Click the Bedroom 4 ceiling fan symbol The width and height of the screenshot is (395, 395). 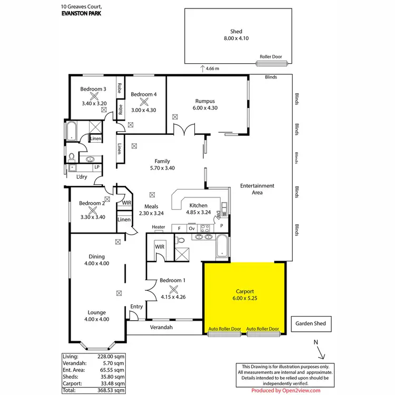pos(144,102)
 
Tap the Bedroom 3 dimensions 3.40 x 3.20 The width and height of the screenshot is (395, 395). pos(94,103)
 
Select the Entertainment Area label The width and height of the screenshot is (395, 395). pos(257,189)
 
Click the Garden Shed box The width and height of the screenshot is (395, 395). pos(311,324)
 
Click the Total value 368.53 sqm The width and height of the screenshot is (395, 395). pos(112,390)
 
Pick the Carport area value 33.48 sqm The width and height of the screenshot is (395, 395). pos(112,383)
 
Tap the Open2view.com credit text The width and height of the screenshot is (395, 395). pos(285,391)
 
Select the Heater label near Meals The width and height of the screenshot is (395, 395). pos(159,227)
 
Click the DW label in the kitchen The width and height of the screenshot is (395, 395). pos(218,214)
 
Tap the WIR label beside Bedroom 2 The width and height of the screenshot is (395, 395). pos(126,203)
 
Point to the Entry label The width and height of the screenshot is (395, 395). pos(136,307)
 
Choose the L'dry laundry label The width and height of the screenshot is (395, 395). pos(81,177)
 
